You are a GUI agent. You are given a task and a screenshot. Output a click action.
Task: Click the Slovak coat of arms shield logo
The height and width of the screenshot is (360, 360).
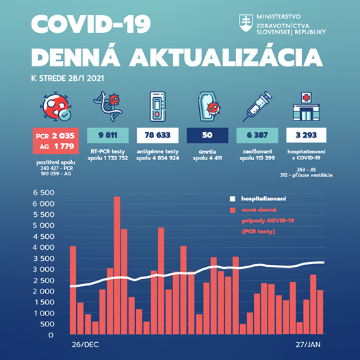(246, 23)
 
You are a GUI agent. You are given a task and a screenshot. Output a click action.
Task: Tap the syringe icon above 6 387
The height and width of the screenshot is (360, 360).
(257, 106)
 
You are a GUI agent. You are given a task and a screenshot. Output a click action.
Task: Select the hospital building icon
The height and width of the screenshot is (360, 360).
(306, 107)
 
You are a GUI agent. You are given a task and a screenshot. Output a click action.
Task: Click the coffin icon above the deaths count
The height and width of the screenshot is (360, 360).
(209, 106)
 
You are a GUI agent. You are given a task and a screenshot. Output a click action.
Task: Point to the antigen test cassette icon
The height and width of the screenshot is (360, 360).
(157, 107)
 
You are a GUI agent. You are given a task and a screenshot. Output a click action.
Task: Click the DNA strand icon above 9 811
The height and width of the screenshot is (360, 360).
(107, 106)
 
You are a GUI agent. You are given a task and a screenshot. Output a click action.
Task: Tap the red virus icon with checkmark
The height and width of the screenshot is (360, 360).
(56, 106)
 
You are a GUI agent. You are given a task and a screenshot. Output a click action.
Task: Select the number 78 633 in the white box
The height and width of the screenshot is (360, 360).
(157, 135)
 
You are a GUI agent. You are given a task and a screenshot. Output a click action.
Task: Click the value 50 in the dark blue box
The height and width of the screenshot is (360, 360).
(207, 135)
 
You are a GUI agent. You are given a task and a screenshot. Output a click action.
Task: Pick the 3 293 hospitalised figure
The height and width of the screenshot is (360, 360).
(306, 135)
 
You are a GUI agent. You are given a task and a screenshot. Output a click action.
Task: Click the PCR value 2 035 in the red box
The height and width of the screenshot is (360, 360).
(63, 136)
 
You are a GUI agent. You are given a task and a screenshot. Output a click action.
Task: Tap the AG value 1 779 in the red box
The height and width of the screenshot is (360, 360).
(64, 146)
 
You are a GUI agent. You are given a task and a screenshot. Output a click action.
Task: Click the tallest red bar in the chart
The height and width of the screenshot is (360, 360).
(117, 265)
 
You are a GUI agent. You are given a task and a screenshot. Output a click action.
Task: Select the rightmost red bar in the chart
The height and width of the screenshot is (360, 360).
(320, 312)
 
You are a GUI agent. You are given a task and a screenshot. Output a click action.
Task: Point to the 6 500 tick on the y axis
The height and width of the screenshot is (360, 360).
(44, 192)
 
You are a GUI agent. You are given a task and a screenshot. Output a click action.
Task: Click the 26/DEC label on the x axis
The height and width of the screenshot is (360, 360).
(85, 345)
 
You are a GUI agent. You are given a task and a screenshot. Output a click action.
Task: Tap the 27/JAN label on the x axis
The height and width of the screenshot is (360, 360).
(308, 345)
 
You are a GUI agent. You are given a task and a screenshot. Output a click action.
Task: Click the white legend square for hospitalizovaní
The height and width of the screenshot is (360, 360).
(232, 199)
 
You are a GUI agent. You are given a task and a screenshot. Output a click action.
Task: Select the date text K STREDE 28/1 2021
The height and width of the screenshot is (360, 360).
(68, 78)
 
